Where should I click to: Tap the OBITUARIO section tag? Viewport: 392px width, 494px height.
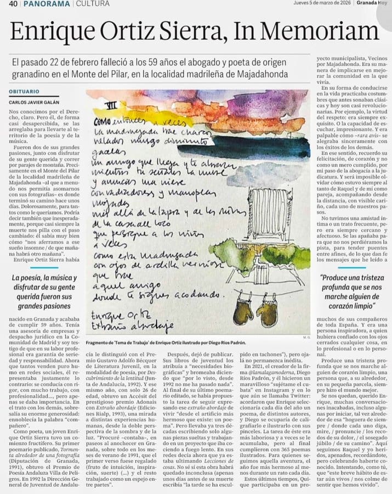click(24, 92)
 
